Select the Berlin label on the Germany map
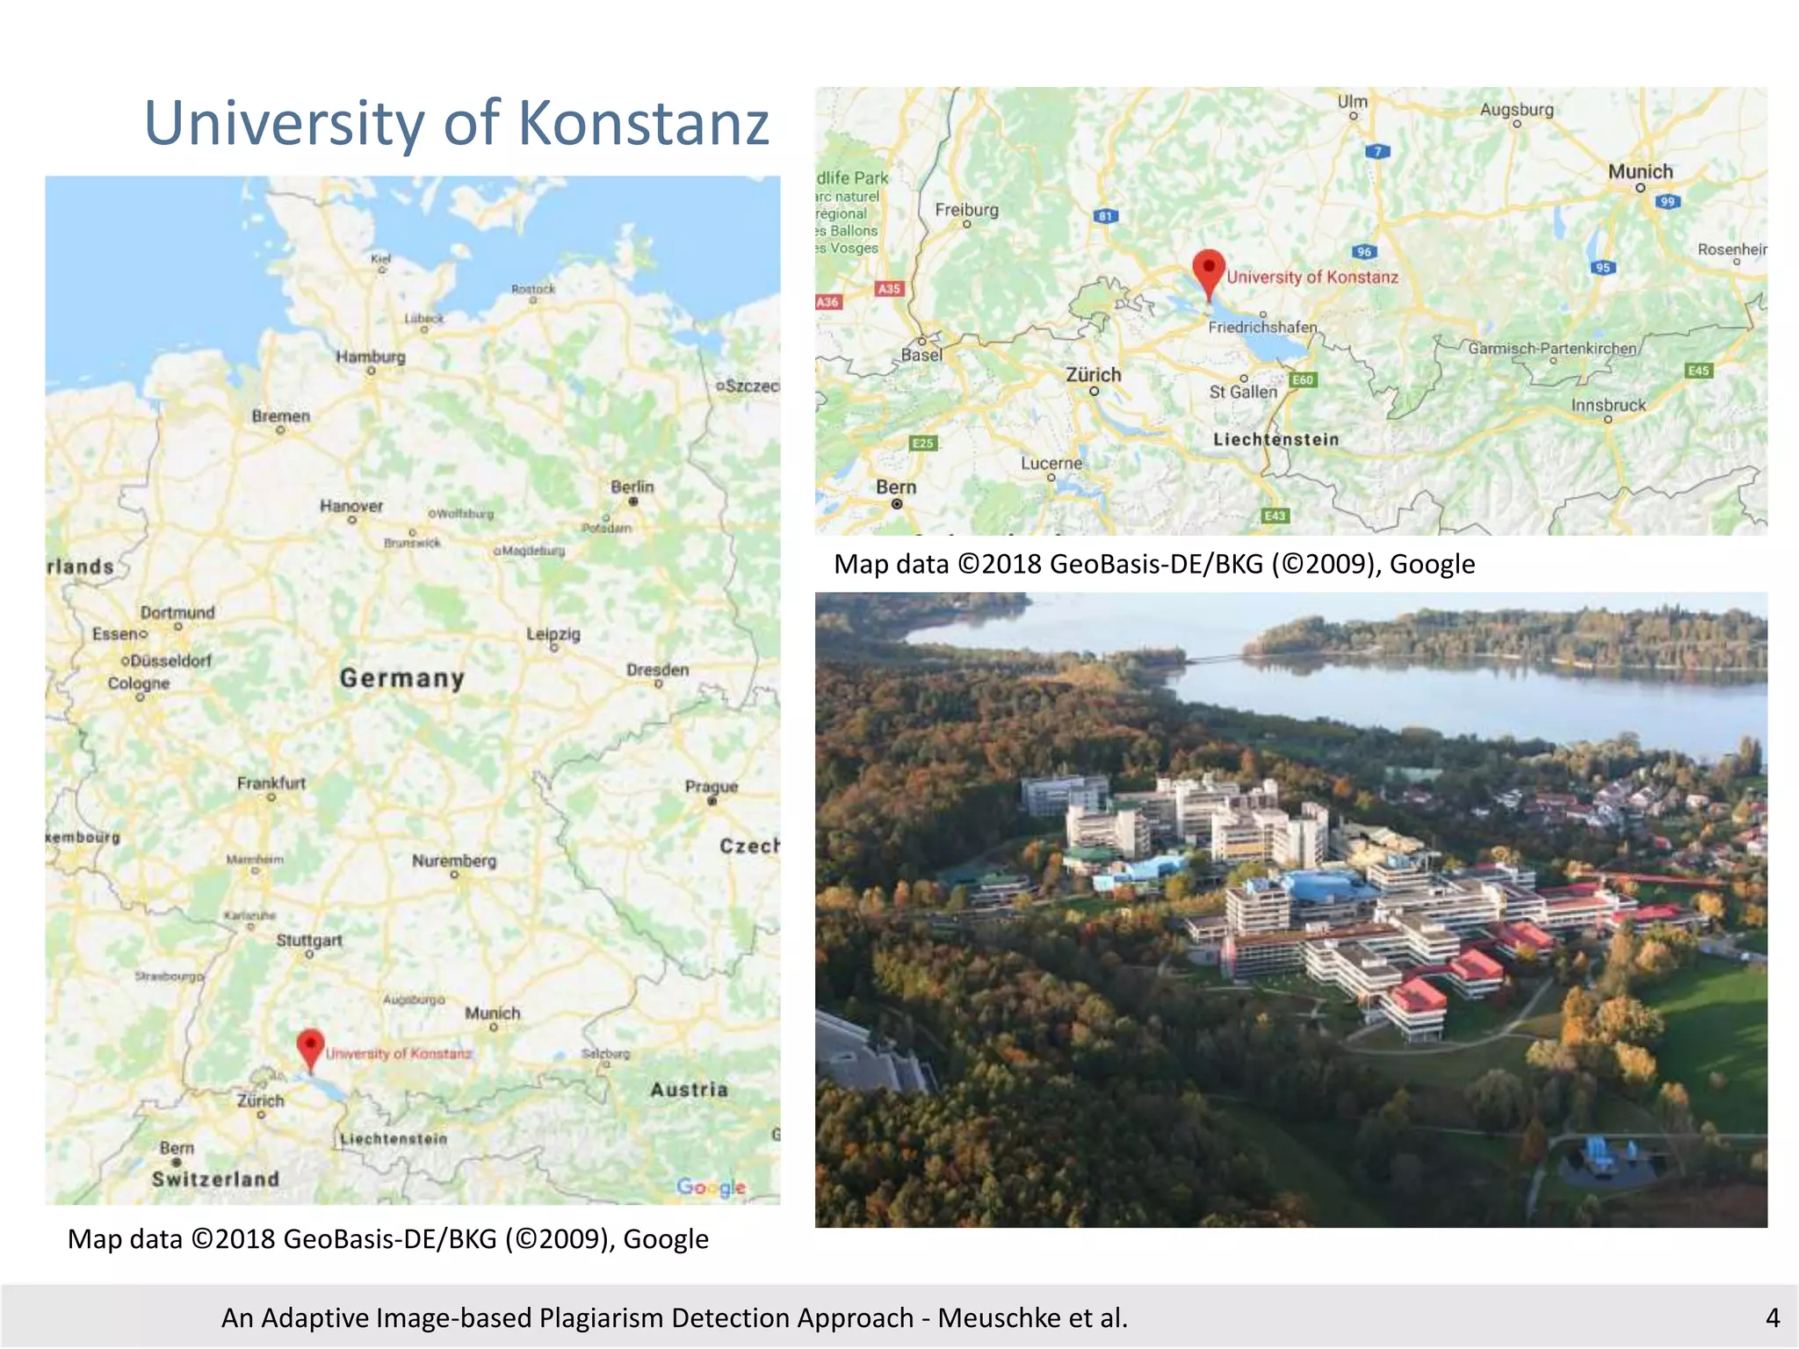tap(632, 487)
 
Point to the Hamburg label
tap(371, 357)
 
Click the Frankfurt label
tap(271, 783)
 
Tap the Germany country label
tap(401, 678)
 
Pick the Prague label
tap(712, 786)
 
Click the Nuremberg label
tap(454, 861)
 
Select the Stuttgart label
tap(309, 940)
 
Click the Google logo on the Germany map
tap(712, 1187)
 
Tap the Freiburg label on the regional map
tap(966, 210)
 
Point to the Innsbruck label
tap(1608, 405)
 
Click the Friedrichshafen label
tap(1262, 327)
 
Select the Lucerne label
tap(1051, 463)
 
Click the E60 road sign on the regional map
tap(1303, 379)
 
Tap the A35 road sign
tap(889, 288)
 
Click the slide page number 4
tap(1773, 1317)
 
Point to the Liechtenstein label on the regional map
tap(1275, 439)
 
